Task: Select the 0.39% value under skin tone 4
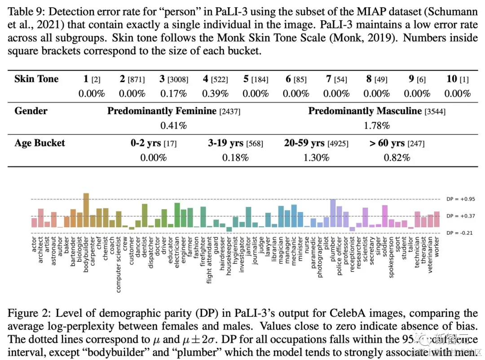[215, 93]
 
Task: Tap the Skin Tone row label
[36, 79]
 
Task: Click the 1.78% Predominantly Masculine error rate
[377, 125]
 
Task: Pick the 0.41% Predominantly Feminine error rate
[173, 125]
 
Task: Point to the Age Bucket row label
[40, 143]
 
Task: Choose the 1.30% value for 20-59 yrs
[316, 158]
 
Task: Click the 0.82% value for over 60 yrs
[397, 158]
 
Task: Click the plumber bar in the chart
[333, 213]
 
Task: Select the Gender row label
[31, 111]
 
